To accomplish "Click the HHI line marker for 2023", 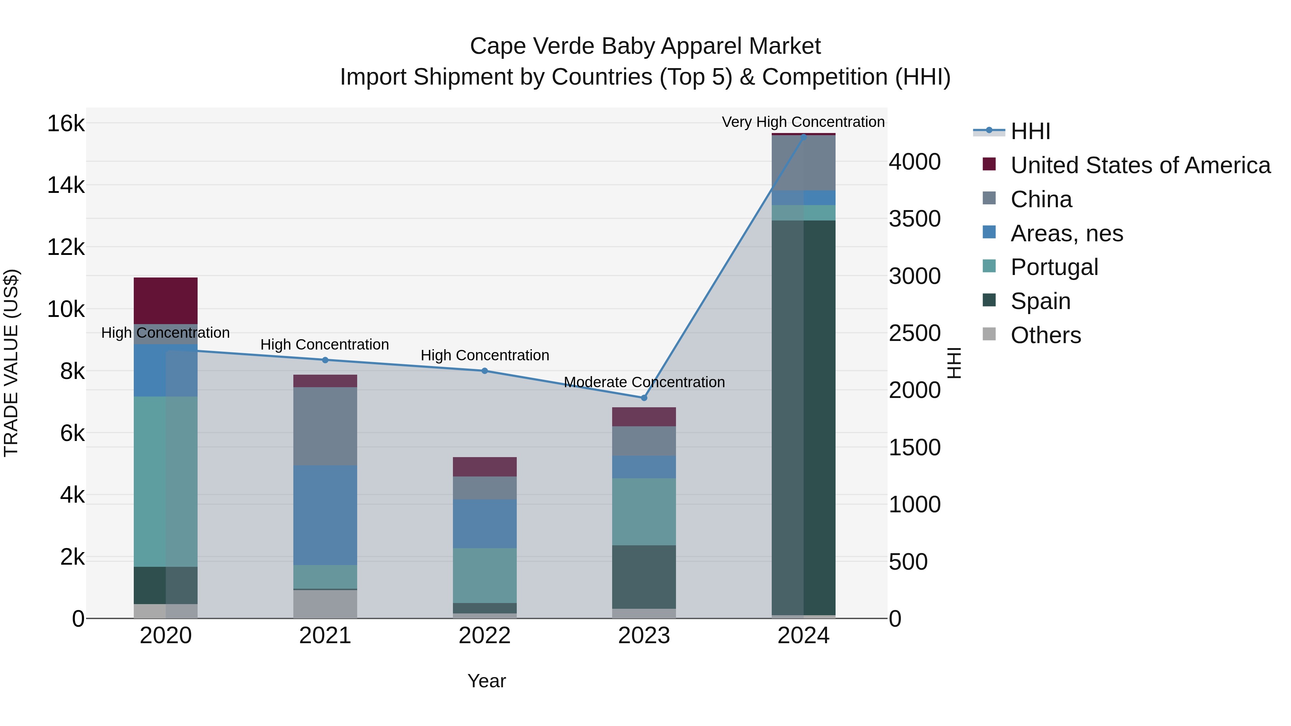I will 644,398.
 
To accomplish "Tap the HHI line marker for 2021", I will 325,360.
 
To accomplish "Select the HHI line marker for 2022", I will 484,371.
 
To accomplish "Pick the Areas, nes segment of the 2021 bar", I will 325,515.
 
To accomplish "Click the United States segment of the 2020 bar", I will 165,301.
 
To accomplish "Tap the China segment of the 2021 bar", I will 325,426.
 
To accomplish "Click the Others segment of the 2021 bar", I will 325,604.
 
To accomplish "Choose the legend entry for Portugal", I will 1054,267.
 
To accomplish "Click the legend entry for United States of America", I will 1140,165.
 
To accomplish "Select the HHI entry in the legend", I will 1030,131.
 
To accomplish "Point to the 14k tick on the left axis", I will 66,185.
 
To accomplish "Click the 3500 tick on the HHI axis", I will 914,219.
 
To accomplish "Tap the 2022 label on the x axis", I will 484,636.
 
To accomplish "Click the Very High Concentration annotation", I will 803,122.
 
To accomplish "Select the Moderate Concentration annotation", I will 644,382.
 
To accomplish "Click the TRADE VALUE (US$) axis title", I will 11,363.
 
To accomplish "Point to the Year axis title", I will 486,681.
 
